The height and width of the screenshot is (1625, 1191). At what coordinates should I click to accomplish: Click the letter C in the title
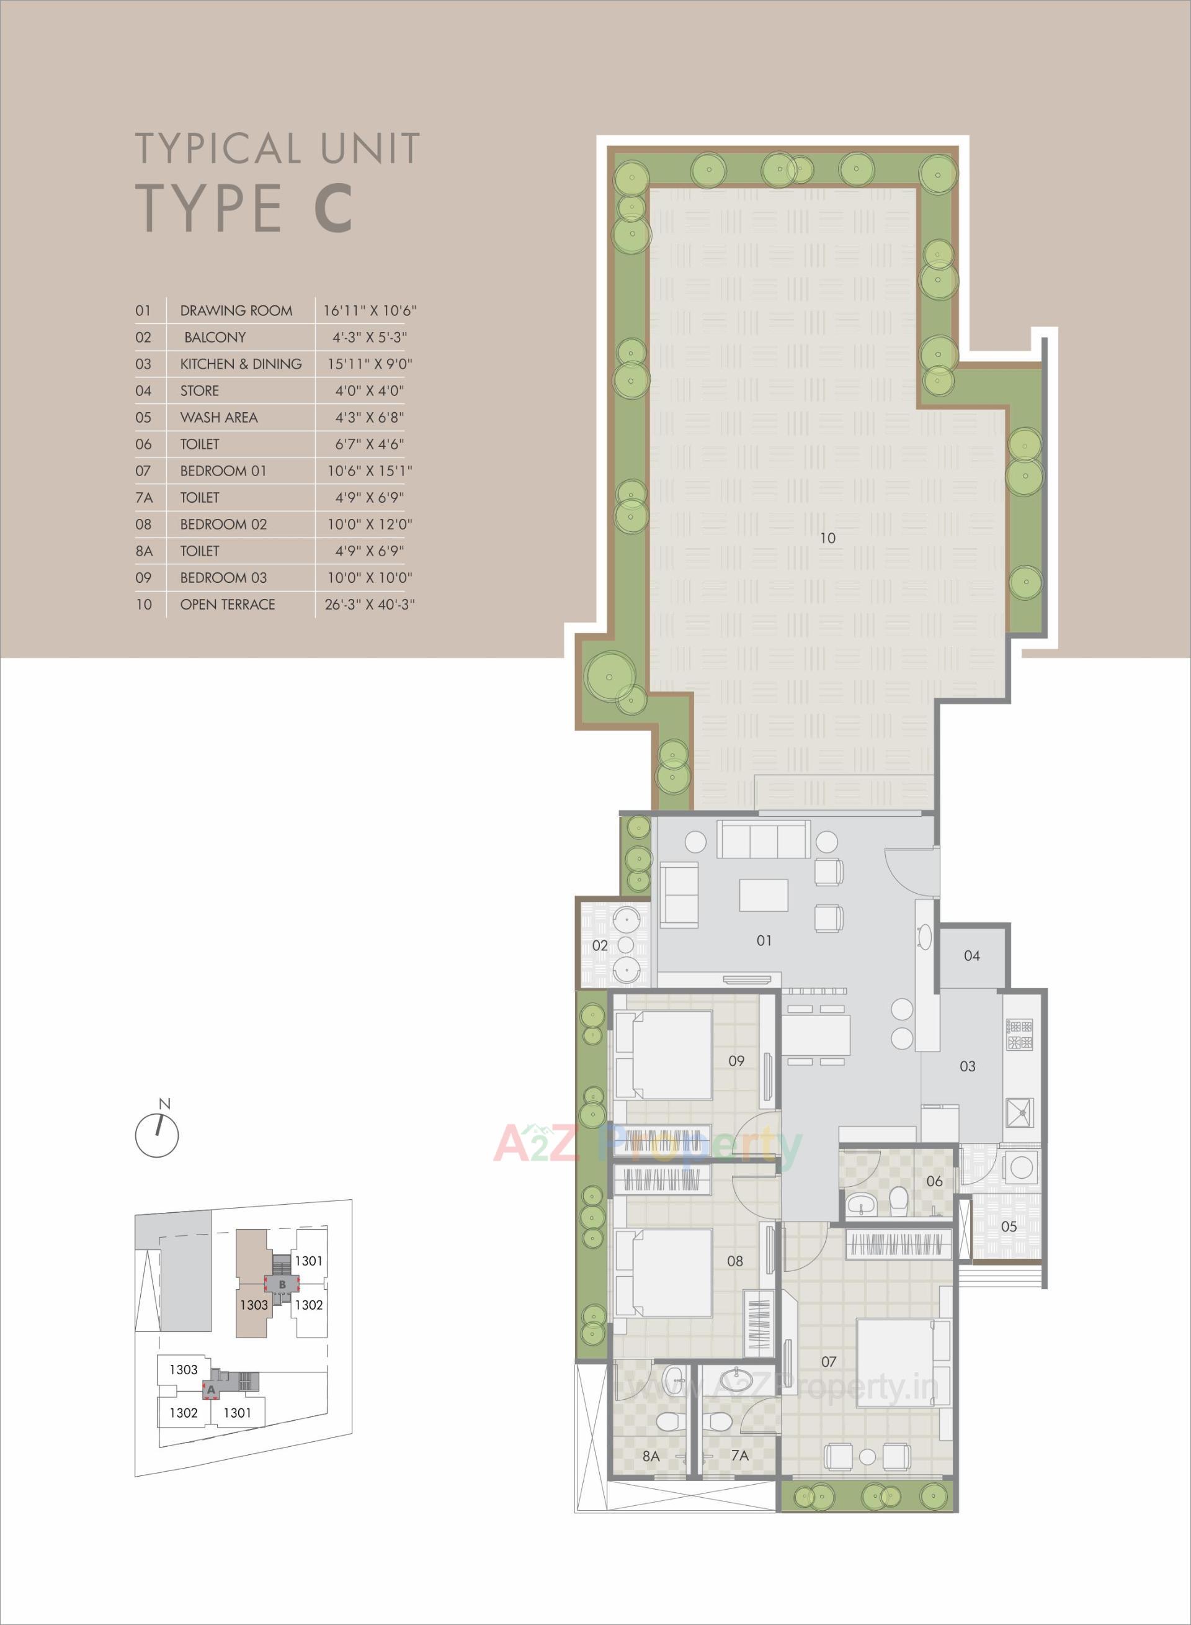click(x=333, y=208)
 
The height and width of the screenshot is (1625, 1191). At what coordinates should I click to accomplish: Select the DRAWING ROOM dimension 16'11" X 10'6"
click(x=370, y=311)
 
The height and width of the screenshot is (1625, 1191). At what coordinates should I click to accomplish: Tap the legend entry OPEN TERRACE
click(x=227, y=605)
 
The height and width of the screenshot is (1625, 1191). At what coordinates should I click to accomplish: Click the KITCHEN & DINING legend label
click(x=241, y=364)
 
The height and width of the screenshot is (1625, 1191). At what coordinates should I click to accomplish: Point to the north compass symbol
click(x=157, y=1135)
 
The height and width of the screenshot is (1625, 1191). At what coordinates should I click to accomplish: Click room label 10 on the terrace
click(x=827, y=538)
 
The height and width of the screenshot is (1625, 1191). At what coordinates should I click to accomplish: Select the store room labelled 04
click(x=972, y=957)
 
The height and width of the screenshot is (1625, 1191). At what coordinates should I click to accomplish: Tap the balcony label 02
click(x=600, y=945)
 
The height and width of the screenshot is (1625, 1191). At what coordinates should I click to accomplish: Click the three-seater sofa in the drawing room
click(x=763, y=840)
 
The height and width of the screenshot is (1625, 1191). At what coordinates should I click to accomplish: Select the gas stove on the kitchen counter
click(x=1020, y=1035)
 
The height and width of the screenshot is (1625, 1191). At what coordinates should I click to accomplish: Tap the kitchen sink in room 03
click(x=1021, y=1112)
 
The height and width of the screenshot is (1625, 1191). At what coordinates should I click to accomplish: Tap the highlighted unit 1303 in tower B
click(x=254, y=1305)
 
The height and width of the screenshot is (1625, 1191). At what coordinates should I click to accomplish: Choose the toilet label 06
click(x=934, y=1181)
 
